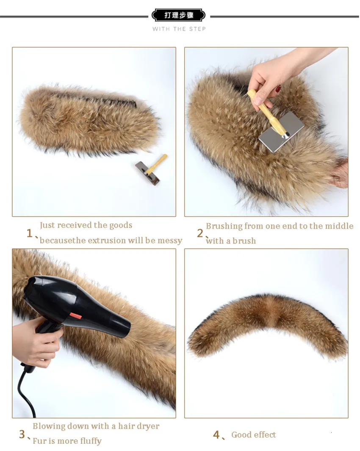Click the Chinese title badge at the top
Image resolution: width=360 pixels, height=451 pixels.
pyautogui.click(x=178, y=15)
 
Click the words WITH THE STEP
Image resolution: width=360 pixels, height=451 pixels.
pyautogui.click(x=179, y=29)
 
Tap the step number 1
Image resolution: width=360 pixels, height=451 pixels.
pyautogui.click(x=29, y=233)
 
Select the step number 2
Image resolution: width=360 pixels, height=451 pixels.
pyautogui.click(x=200, y=233)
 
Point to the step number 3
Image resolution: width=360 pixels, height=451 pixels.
pyautogui.click(x=22, y=434)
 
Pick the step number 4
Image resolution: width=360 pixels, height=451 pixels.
pyautogui.click(x=216, y=434)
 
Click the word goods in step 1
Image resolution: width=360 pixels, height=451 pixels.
pyautogui.click(x=121, y=225)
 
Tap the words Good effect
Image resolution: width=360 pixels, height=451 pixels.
pyautogui.click(x=254, y=434)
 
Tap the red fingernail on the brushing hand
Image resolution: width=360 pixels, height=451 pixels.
pyautogui.click(x=279, y=89)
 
